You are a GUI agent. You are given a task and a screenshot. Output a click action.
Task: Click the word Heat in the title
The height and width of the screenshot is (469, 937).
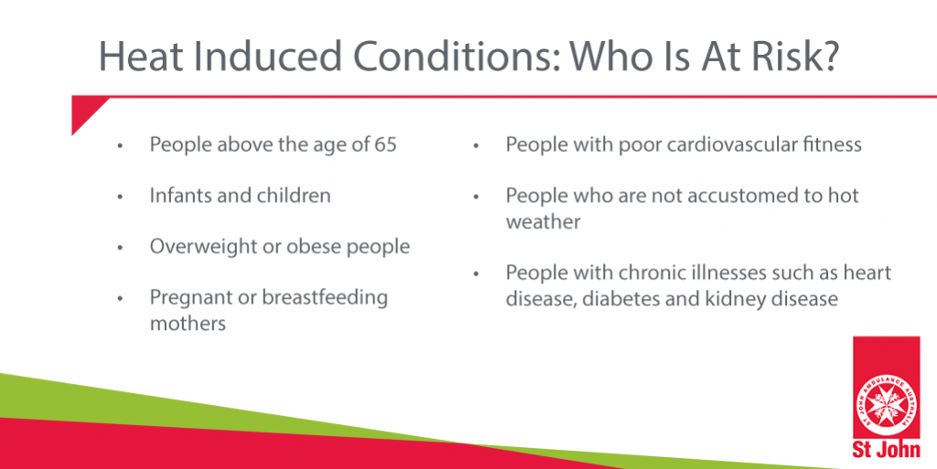tap(141, 56)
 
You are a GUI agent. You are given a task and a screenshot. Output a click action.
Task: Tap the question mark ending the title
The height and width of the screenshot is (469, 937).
tap(825, 56)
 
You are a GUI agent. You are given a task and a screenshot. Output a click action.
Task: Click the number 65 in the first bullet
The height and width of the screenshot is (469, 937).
tap(385, 144)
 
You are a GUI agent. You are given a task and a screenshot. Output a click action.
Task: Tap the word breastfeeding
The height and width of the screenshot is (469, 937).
tap(325, 298)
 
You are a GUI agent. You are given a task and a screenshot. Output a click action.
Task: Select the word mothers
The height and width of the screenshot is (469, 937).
tap(188, 324)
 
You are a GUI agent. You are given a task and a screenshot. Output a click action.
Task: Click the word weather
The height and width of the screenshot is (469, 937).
tap(544, 222)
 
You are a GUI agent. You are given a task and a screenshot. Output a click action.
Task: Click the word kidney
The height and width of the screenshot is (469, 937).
tap(730, 298)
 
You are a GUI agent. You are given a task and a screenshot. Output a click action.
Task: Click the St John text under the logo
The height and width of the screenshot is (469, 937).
tap(887, 449)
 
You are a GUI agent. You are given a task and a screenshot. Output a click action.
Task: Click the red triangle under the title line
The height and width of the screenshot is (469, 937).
tap(85, 112)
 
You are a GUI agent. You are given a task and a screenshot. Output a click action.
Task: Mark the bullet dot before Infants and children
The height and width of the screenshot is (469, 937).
tap(120, 197)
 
